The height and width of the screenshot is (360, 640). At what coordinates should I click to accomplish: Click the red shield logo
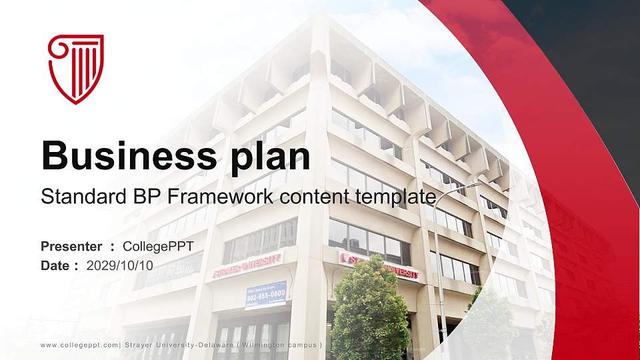pos(76,69)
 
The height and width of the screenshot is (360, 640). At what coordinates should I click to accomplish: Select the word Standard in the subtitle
pos(73,197)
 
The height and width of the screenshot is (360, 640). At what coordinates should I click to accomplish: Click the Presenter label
pos(71,247)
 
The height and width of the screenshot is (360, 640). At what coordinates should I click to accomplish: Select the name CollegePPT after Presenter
pos(159,247)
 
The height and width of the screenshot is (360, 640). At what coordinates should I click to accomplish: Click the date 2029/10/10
pos(120,265)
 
